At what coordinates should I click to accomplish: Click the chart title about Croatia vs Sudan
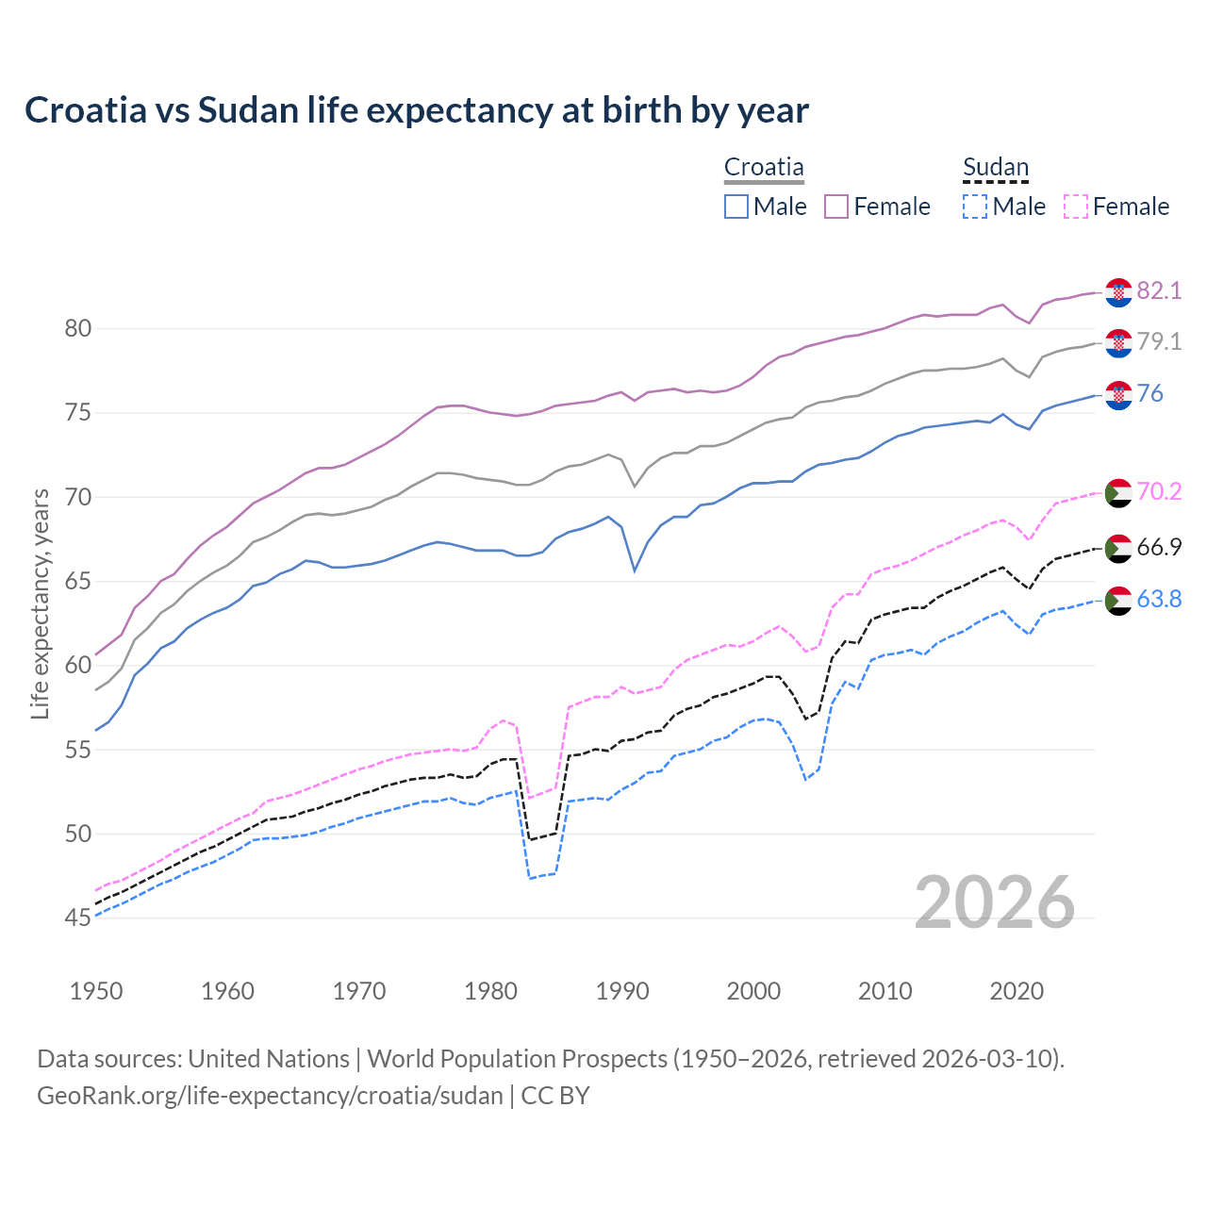[x=416, y=110]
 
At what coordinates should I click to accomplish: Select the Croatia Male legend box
[x=736, y=207]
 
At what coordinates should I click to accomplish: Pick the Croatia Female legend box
[x=836, y=207]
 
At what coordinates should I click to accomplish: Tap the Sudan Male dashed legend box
[x=975, y=207]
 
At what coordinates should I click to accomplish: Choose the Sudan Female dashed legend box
[x=1075, y=207]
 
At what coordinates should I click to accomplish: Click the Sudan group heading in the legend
[x=996, y=168]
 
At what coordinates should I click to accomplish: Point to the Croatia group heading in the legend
[x=764, y=168]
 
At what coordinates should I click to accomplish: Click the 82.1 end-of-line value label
[x=1159, y=290]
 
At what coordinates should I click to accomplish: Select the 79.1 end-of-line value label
[x=1159, y=341]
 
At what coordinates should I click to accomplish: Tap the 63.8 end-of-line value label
[x=1159, y=599]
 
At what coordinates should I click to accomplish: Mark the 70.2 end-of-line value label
[x=1159, y=491]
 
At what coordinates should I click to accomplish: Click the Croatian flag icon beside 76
[x=1118, y=395]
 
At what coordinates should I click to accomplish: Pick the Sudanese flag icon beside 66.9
[x=1118, y=548]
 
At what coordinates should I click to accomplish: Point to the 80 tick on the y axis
[x=77, y=329]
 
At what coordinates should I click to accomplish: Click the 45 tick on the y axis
[x=77, y=918]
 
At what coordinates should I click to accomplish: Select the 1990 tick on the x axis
[x=622, y=991]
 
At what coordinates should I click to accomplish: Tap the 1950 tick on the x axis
[x=96, y=991]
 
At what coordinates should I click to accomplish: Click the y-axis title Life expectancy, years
[x=40, y=603]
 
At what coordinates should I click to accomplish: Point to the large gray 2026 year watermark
[x=995, y=902]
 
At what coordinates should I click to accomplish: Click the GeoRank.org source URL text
[x=270, y=1096]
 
